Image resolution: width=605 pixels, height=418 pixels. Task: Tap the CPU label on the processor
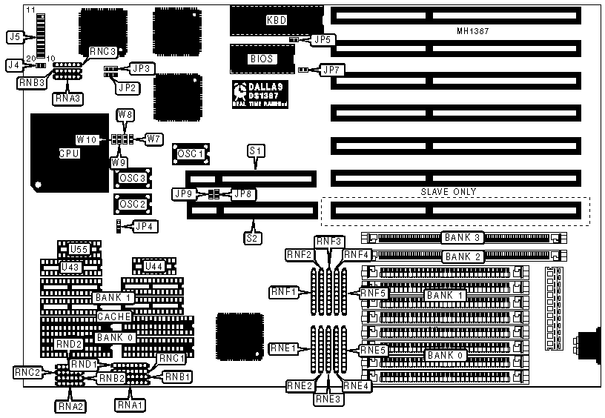pyautogui.click(x=70, y=153)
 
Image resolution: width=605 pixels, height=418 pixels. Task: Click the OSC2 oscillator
pyautogui.click(x=132, y=204)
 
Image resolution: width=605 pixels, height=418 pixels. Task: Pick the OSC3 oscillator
pyautogui.click(x=132, y=178)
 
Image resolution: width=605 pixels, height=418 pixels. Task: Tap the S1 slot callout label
pyautogui.click(x=256, y=150)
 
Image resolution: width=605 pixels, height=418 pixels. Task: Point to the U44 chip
pyautogui.click(x=153, y=265)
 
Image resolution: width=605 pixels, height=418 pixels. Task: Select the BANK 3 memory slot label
pyautogui.click(x=463, y=238)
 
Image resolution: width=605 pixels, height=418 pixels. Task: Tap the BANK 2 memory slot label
pyautogui.click(x=463, y=256)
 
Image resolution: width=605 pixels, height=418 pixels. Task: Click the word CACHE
pyautogui.click(x=114, y=316)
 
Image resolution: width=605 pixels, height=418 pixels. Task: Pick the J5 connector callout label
pyautogui.click(x=14, y=35)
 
